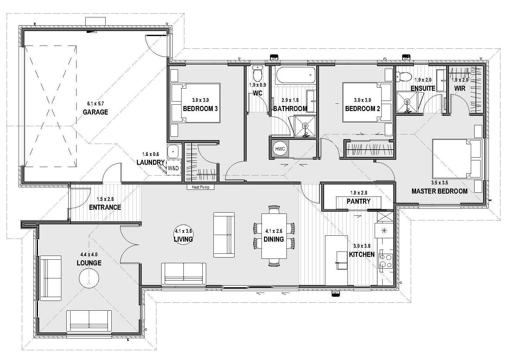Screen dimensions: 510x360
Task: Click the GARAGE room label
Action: point(95,112)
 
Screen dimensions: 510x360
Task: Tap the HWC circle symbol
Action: point(280,149)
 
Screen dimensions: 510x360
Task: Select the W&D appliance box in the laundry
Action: point(173,168)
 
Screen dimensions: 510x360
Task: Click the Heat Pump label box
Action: point(200,187)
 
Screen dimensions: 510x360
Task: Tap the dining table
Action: point(274,236)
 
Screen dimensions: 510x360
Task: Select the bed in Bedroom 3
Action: point(195,103)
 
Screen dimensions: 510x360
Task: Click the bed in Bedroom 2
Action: point(367,102)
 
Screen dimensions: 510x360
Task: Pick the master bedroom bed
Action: point(457,158)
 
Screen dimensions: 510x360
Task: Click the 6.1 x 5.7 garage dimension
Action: point(95,104)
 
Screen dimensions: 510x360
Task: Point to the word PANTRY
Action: point(359,201)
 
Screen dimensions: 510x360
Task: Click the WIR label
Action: point(460,88)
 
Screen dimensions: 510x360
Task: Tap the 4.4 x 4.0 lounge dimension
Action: point(89,254)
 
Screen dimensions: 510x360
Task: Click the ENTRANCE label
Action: point(105,207)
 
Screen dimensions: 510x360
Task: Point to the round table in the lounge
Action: point(89,278)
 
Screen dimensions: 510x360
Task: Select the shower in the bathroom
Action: point(305,126)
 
